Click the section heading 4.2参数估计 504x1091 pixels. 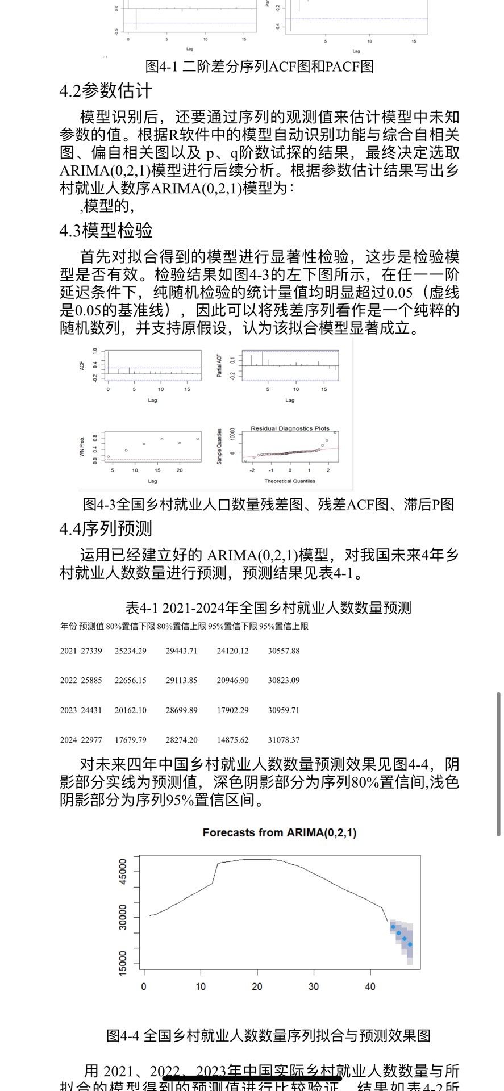point(106,91)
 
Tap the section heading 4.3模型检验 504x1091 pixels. point(106,231)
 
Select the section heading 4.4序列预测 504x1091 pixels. point(106,529)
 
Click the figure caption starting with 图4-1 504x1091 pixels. point(259,66)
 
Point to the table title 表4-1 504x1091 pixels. point(268,608)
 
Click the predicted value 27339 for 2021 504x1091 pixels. point(91,651)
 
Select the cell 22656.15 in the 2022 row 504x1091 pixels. point(130,680)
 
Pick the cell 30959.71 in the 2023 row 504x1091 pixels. point(284,710)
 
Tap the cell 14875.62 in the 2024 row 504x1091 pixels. point(232,740)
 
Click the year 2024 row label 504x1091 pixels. point(68,740)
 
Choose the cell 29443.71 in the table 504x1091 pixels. point(181,651)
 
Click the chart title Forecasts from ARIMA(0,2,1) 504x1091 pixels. point(279,833)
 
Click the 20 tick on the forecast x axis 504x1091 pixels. point(257,986)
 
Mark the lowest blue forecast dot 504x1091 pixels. point(410,944)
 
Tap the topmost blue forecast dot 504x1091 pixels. point(393,927)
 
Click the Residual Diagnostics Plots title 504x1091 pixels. point(290,428)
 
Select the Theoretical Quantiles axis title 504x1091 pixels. point(289,481)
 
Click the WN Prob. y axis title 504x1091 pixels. point(82,447)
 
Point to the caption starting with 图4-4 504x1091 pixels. point(268,1035)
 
